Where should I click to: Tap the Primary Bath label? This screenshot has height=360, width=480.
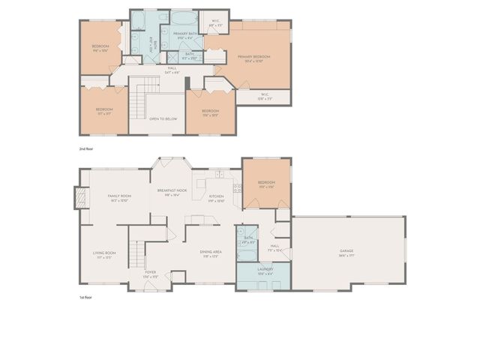[x=184, y=34]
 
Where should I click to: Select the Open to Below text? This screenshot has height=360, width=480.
[x=163, y=118]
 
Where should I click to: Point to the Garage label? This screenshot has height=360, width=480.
[x=346, y=250]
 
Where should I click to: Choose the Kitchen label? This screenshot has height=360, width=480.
[x=216, y=198]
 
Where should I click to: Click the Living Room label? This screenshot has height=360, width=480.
[x=104, y=253]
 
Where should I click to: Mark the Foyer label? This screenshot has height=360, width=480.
[x=151, y=274]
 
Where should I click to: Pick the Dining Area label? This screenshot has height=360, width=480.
[x=210, y=252]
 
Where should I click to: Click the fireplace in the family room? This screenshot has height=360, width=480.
[x=77, y=197]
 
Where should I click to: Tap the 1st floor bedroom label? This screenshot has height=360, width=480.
[x=266, y=182]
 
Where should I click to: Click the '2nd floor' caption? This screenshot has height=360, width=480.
[x=88, y=149]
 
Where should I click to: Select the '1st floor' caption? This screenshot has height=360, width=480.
[x=87, y=298]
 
